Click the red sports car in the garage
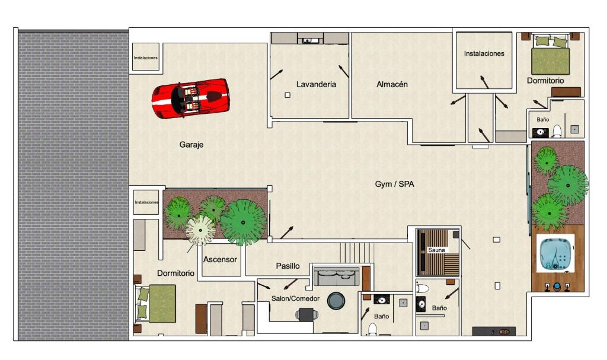click(x=190, y=98)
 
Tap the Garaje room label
click(x=191, y=145)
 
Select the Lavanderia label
click(x=317, y=84)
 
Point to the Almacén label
click(x=392, y=84)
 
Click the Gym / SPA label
click(x=394, y=184)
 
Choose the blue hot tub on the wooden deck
click(x=555, y=254)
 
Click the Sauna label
click(x=436, y=250)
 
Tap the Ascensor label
click(x=220, y=259)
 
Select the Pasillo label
click(x=287, y=266)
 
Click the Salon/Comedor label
click(x=295, y=298)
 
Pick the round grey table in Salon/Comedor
click(x=336, y=301)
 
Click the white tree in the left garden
click(x=200, y=230)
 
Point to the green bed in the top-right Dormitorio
click(x=550, y=55)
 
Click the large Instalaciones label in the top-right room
click(x=484, y=53)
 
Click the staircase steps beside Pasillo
click(x=356, y=252)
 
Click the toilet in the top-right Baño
click(x=557, y=131)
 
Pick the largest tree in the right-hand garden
click(x=568, y=185)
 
